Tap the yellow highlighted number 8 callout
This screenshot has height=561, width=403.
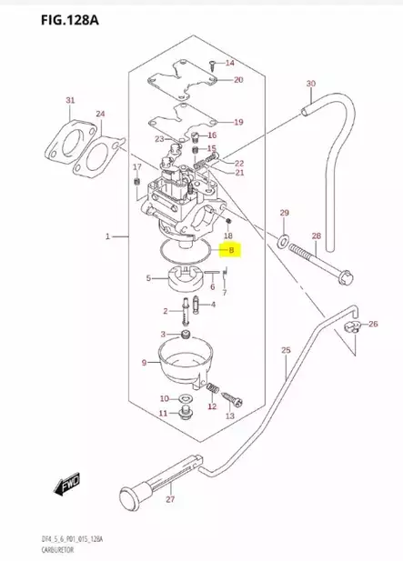click(231, 249)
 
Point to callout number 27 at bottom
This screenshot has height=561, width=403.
click(170, 499)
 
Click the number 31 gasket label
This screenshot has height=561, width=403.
click(70, 99)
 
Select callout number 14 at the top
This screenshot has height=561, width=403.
click(229, 63)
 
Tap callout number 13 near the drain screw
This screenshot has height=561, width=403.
click(229, 415)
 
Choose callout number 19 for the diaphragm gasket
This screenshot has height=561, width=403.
click(238, 122)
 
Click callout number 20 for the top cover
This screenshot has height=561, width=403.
click(238, 80)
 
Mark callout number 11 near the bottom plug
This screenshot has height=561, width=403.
click(164, 414)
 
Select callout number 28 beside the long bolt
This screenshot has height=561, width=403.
click(317, 236)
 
